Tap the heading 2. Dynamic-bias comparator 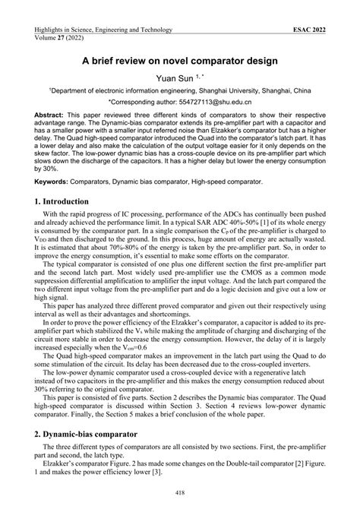(93, 436)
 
